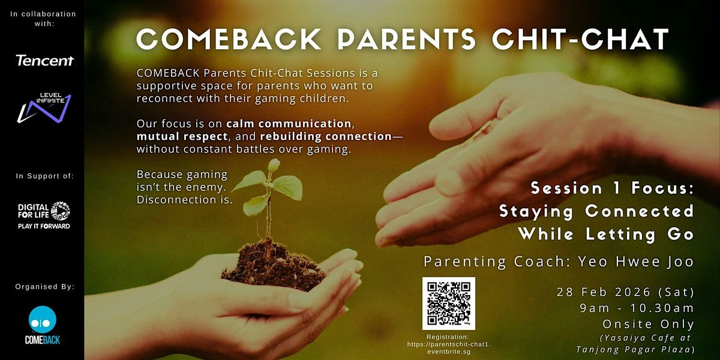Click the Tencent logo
click(44, 61)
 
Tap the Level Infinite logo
click(44, 108)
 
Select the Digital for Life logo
click(44, 215)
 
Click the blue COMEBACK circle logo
click(43, 319)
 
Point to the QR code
click(449, 304)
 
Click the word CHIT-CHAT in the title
click(581, 39)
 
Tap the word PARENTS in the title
click(407, 39)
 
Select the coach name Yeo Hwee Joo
click(636, 262)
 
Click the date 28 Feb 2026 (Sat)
click(625, 292)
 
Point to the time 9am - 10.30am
click(637, 308)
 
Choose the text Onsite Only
click(649, 324)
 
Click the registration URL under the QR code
click(449, 348)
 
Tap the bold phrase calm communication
click(289, 124)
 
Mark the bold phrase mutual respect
click(182, 137)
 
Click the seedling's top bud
click(274, 164)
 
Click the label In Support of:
click(44, 176)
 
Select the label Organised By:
click(44, 286)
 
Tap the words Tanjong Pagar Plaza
click(635, 349)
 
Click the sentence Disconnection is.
click(185, 200)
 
